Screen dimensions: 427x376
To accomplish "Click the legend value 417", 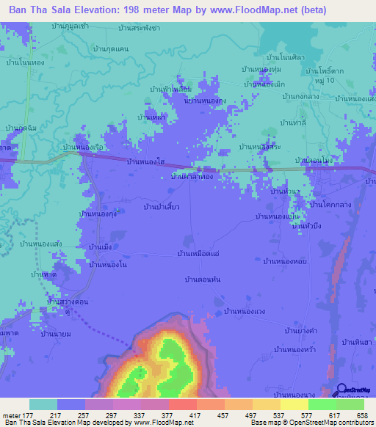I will point(183,415).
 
